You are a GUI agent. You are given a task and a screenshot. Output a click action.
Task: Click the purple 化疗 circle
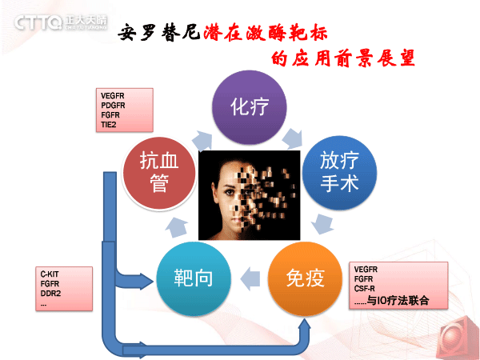coord(250,107)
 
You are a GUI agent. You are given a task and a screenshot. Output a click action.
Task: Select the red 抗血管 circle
coord(159,173)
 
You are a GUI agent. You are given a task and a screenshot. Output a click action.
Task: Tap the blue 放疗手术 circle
coord(339,173)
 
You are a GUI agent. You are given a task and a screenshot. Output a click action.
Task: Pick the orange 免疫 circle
coord(305,278)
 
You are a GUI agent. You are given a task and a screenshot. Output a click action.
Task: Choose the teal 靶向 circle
coord(193,278)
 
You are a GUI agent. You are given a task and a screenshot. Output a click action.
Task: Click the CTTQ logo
coord(61,22)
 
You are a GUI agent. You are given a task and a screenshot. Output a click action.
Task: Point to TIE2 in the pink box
coord(108,125)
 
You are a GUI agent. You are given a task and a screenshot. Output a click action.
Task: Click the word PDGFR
coord(113,106)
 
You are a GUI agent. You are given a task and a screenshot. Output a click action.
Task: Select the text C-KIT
coord(50,274)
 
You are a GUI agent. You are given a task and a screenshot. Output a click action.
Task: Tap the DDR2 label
coord(50,294)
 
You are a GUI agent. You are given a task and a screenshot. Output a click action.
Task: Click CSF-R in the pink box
coord(364,288)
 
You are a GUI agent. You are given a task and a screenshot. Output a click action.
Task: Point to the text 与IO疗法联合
coord(398,300)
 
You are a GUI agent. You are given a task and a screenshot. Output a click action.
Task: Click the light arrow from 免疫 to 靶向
coord(250,279)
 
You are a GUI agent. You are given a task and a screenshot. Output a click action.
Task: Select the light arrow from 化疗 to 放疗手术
coord(292,138)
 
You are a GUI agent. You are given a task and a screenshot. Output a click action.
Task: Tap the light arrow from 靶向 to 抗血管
coord(177,227)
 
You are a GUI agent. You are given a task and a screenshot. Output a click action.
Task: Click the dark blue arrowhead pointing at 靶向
coord(146,281)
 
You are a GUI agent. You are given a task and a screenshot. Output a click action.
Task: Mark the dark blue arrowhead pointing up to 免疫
coord(305,325)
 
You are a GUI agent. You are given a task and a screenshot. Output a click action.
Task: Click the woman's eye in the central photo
coord(229,192)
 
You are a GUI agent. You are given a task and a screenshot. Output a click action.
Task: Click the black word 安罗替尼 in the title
coord(158,33)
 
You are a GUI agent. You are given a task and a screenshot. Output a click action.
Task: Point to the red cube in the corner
coord(460,339)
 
